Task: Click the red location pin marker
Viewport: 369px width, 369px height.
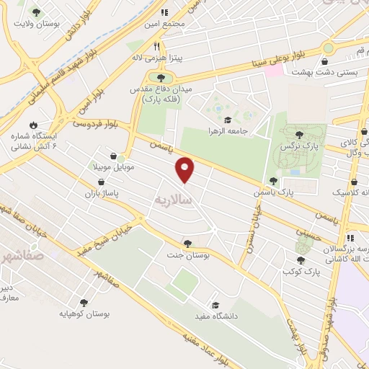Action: pos(185,169)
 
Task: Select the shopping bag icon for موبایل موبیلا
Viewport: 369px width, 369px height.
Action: pos(114,155)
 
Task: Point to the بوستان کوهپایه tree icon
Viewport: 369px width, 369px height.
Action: pos(84,303)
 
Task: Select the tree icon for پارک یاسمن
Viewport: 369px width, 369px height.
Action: pos(272,181)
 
